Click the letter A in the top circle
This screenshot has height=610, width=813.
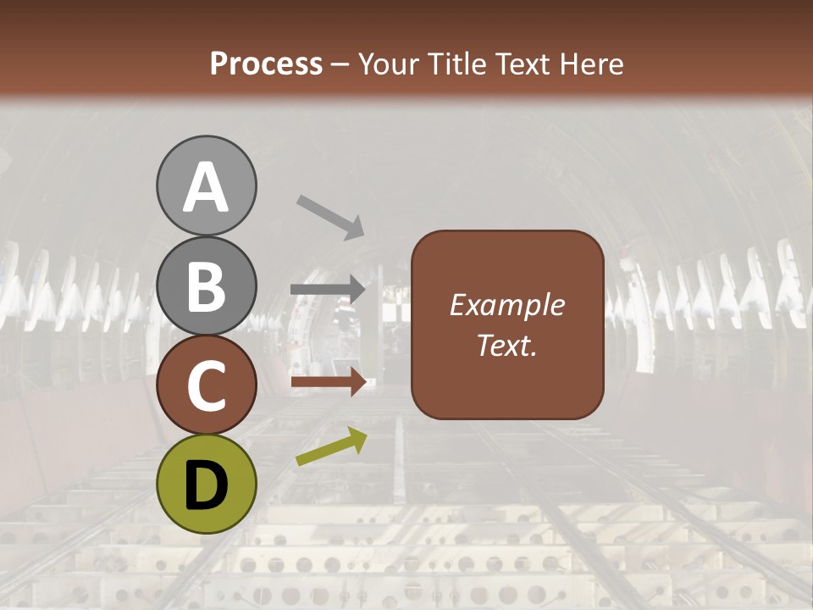click(x=206, y=187)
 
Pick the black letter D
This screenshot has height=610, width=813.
click(x=206, y=485)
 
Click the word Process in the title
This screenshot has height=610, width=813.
click(x=266, y=64)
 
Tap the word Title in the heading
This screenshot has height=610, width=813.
click(x=456, y=64)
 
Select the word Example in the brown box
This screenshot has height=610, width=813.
click(x=506, y=305)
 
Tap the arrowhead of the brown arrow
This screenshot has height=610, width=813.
click(x=358, y=382)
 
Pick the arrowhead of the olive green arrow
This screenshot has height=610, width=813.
click(x=357, y=438)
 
